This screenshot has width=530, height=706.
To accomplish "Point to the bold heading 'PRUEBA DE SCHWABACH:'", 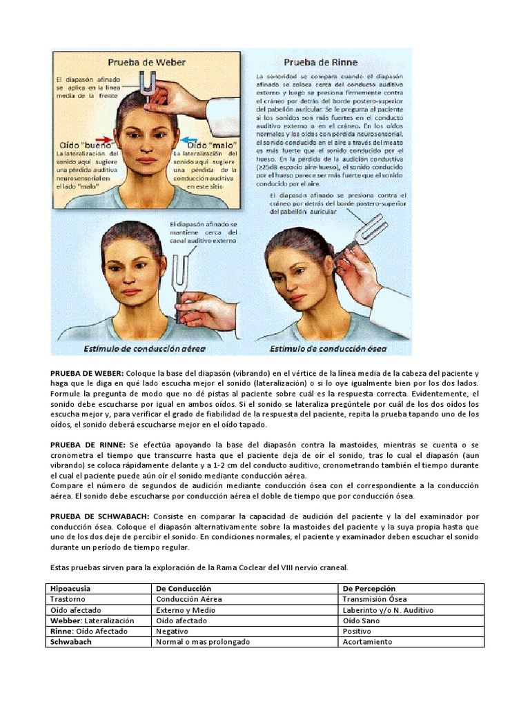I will coord(99,516).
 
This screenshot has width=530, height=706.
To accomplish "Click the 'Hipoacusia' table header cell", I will coord(70,589).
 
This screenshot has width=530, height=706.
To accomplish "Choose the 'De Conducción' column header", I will coord(184,589).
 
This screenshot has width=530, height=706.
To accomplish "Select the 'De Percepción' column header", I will coord(369,589).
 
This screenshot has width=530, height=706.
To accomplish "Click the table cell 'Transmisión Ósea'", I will coord(375,600).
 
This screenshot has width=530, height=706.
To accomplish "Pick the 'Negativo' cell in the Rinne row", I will coord(173,631).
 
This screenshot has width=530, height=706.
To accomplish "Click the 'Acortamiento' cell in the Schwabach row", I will coord(367,642).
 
